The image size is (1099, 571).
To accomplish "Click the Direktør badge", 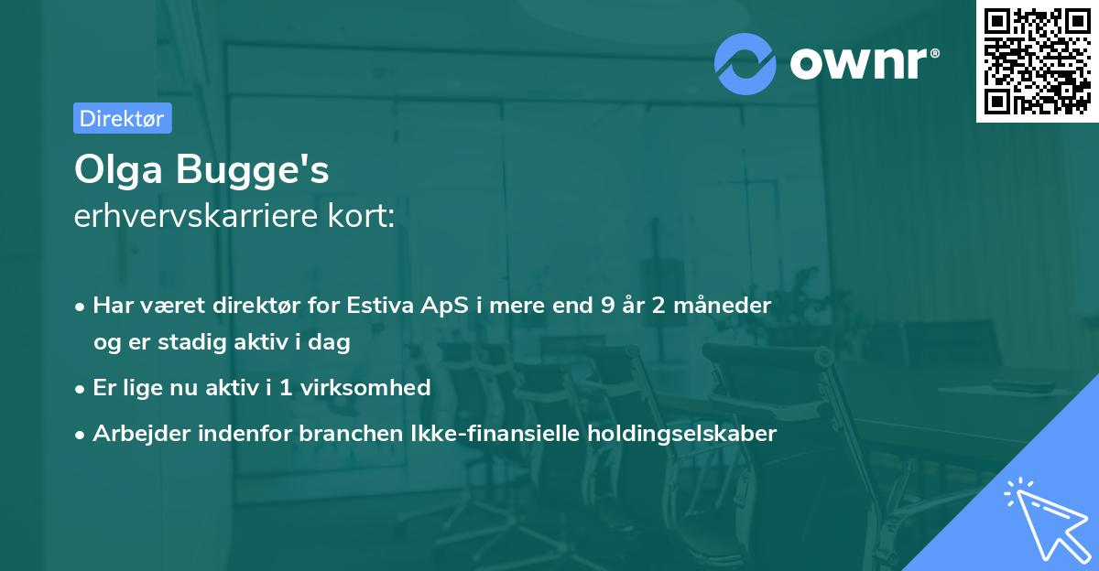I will pyautogui.click(x=123, y=118).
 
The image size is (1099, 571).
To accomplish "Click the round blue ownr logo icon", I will pyautogui.click(x=745, y=63).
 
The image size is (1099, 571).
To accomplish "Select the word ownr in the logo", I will pyautogui.click(x=862, y=62).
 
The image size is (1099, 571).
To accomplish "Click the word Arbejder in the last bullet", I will pyautogui.click(x=135, y=433).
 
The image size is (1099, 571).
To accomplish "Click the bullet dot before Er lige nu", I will pyautogui.click(x=82, y=388).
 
